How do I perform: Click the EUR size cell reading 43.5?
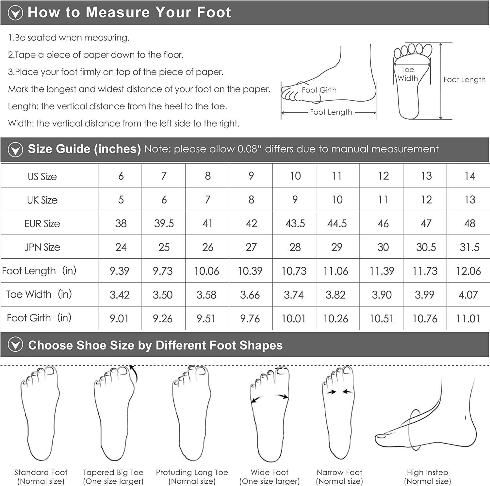pyautogui.click(x=295, y=223)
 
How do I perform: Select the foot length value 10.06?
pyautogui.click(x=207, y=271)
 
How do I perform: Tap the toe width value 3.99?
pyautogui.click(x=425, y=295)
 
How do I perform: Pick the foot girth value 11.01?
pyautogui.click(x=468, y=318)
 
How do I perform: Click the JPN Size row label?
pyautogui.click(x=42, y=247)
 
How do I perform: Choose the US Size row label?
pyautogui.click(x=42, y=177)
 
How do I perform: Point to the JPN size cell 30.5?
pyautogui.click(x=426, y=247)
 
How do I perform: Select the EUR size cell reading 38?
pyautogui.click(x=121, y=223)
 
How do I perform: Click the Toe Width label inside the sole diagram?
pyautogui.click(x=408, y=74)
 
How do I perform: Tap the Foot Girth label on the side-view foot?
pyautogui.click(x=319, y=90)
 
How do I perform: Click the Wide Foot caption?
pyautogui.click(x=269, y=472)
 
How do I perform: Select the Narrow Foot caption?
pyautogui.click(x=339, y=472)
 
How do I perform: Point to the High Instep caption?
pyautogui.click(x=427, y=472)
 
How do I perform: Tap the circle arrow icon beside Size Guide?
pyautogui.click(x=15, y=150)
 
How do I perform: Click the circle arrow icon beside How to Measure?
pyautogui.click(x=15, y=13)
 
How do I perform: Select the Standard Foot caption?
pyautogui.click(x=41, y=472)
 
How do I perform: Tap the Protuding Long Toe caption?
pyautogui.click(x=192, y=472)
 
